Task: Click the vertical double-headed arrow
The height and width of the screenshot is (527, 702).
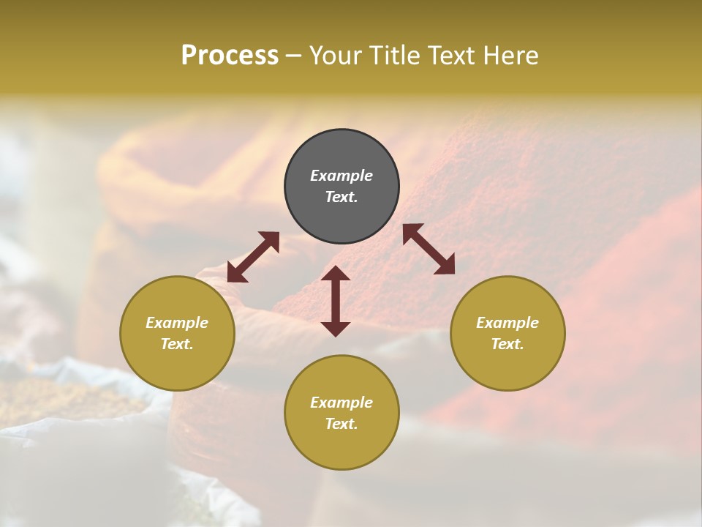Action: point(336,301)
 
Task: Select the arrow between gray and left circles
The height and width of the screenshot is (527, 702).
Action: point(253,257)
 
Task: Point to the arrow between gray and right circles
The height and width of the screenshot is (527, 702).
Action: point(429,249)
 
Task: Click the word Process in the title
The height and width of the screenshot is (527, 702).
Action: point(230,56)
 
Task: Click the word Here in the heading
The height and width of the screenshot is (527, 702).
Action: point(510,56)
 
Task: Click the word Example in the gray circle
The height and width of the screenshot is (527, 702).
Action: point(341,176)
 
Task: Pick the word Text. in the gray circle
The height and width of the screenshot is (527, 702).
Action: point(341,197)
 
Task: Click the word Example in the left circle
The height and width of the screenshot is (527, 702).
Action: point(177,323)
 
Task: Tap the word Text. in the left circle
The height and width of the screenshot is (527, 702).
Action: point(177,344)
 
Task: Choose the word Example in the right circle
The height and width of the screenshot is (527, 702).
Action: point(507,323)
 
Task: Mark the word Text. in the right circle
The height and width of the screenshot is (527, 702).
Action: point(507,344)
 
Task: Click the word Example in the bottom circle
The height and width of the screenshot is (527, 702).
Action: point(341,403)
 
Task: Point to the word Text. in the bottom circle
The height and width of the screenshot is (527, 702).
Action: point(341,424)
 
